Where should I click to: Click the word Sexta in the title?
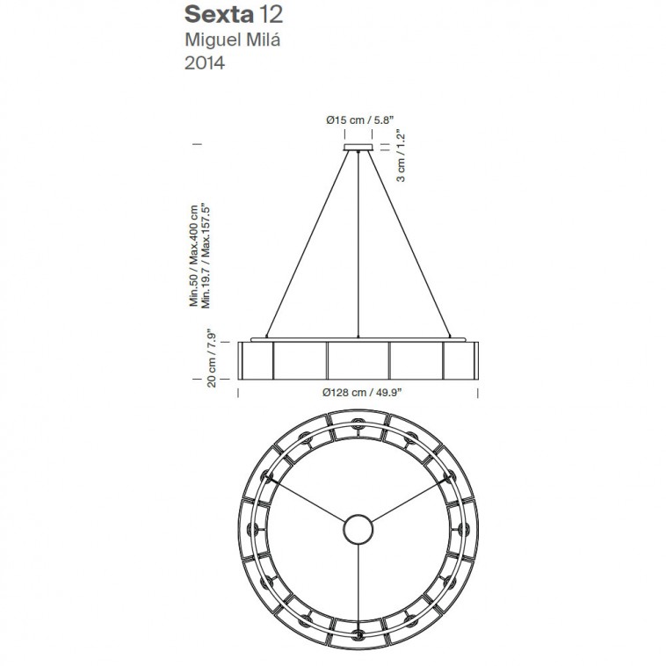(219, 14)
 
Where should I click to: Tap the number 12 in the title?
(270, 14)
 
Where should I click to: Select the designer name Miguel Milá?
(232, 40)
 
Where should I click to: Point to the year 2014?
(205, 63)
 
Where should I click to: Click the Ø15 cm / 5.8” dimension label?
(358, 120)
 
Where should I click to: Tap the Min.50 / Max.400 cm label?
(193, 257)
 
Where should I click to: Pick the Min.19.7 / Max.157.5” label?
(206, 257)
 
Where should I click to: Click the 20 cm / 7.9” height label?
(211, 358)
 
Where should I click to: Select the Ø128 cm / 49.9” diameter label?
(362, 393)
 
